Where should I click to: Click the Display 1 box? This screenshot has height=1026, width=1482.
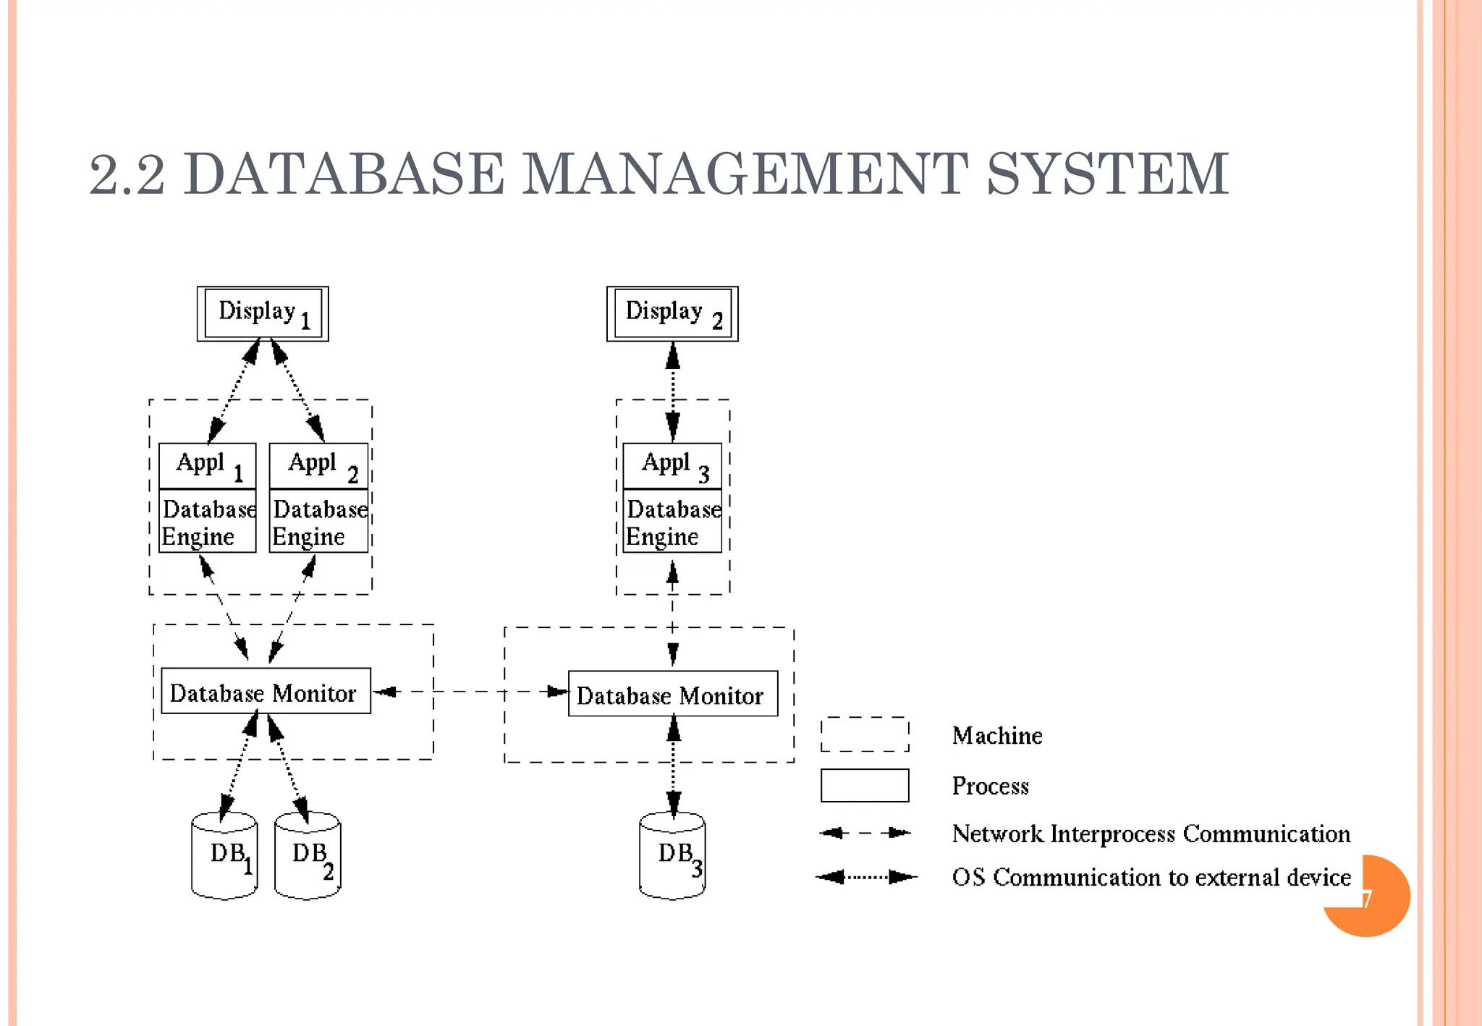point(263,313)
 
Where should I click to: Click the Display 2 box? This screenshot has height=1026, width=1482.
point(672,313)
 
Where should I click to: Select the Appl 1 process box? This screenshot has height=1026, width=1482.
point(208,465)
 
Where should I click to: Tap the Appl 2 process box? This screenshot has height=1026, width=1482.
point(318,465)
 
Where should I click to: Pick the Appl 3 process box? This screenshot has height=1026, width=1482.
point(672,465)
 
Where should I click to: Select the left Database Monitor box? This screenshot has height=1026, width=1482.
point(266,691)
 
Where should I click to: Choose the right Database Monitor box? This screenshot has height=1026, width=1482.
point(673,694)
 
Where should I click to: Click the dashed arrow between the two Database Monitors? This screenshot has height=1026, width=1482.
point(470,692)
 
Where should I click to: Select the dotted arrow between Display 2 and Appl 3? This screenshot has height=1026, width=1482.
point(673,391)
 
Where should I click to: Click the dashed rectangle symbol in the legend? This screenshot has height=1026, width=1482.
point(865,734)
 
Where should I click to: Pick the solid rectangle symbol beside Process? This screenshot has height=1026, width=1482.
point(865,785)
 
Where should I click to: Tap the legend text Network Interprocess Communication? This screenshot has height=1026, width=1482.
point(1151,834)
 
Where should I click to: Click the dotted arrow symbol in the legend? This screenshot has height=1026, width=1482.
point(866,877)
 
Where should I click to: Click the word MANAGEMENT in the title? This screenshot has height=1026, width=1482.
point(745,174)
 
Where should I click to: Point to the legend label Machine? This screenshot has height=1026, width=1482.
point(997,735)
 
